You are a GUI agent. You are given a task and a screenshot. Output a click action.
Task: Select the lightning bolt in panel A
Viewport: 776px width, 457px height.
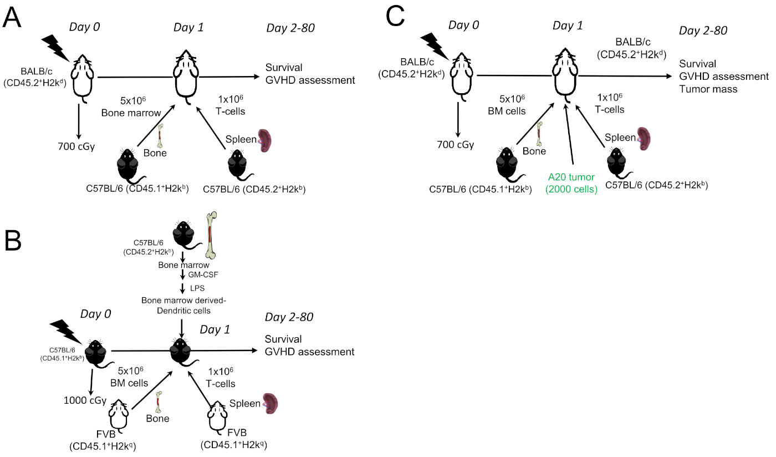[x=57, y=47]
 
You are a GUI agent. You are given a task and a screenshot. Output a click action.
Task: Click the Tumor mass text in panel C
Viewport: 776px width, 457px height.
[x=708, y=89]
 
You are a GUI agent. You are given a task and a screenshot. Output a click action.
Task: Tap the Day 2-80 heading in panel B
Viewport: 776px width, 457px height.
[x=289, y=317]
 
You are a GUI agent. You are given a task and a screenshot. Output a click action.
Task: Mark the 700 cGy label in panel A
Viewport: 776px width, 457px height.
[x=79, y=147]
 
